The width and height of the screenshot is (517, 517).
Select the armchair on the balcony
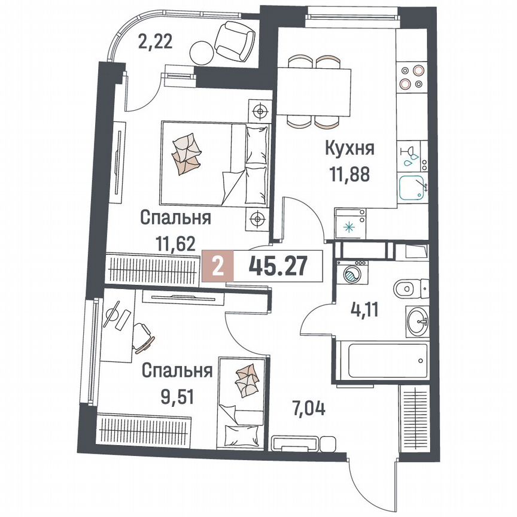pos(235,39)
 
